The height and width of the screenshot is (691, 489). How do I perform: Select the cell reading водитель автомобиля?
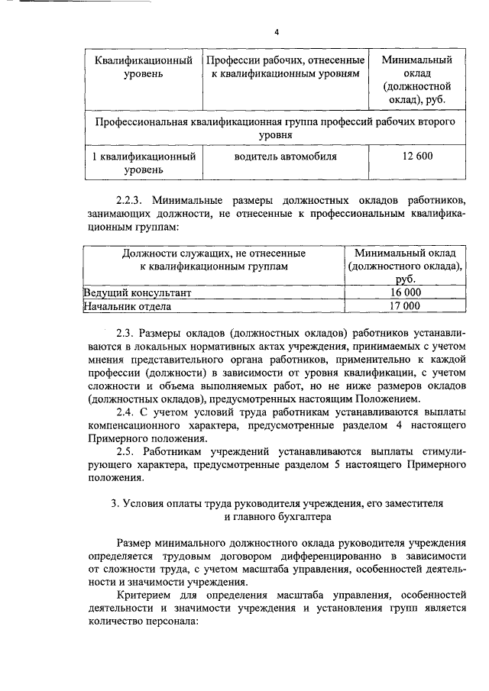point(285,157)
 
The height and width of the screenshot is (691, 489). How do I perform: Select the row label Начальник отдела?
point(127,306)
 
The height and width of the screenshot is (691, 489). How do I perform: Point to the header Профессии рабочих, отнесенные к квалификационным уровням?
point(285,66)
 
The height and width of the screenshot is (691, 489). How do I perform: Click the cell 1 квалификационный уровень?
point(142,163)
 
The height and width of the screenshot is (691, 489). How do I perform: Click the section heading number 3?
point(115,503)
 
